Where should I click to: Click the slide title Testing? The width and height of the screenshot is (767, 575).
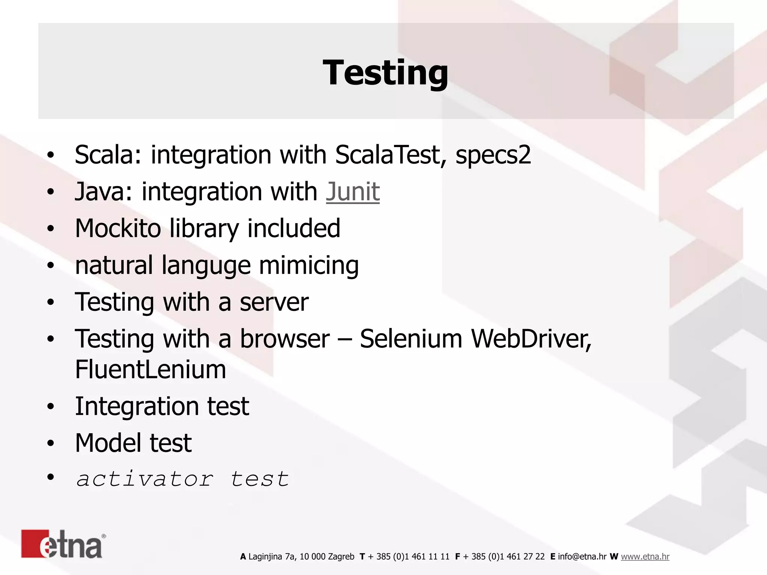[x=385, y=73]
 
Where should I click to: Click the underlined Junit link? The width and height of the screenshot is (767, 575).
[x=352, y=192]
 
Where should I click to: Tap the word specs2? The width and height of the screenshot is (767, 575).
[x=493, y=155]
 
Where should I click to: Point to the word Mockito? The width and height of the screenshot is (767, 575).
[x=118, y=228]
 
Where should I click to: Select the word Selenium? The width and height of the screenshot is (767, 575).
[x=411, y=339]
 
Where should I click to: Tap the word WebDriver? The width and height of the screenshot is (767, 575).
[x=531, y=339]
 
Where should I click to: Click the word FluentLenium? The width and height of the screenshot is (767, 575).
[x=151, y=369]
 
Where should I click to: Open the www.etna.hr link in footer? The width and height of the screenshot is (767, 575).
[x=645, y=557]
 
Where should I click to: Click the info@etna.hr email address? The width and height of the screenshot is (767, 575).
[x=582, y=557]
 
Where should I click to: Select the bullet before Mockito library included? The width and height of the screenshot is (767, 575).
[x=51, y=229]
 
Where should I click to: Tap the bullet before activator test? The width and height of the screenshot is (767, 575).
[x=51, y=477]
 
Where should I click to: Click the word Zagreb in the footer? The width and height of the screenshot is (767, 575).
[x=341, y=557]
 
